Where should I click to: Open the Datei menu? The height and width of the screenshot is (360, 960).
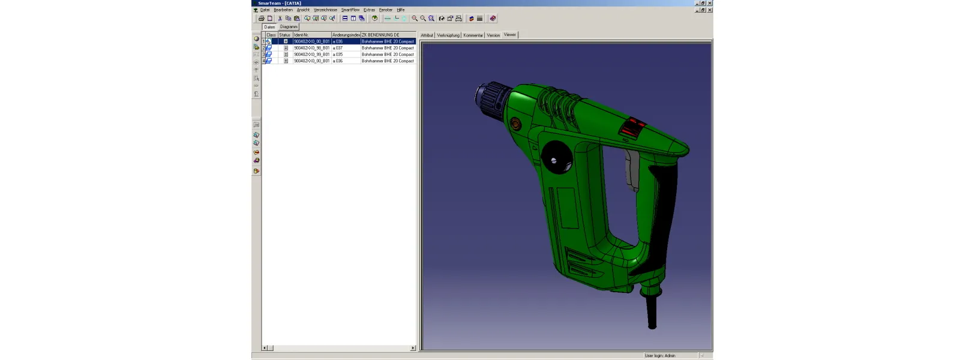[265, 10]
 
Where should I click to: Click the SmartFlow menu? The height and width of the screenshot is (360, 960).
[350, 10]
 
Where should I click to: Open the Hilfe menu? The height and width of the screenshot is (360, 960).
[400, 10]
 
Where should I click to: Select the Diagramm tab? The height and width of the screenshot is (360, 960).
[289, 27]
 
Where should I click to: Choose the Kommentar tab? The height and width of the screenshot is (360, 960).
[473, 35]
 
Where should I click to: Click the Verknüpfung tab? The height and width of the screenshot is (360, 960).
[448, 35]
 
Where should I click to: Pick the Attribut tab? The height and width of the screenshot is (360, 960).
[427, 35]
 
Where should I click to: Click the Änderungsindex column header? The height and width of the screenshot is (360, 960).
[346, 35]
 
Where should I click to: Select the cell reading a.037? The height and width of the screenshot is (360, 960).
[338, 48]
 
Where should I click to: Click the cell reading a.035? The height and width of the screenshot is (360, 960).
[338, 55]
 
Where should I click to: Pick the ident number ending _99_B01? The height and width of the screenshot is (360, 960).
[311, 55]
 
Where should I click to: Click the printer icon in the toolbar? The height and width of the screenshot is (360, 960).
[261, 19]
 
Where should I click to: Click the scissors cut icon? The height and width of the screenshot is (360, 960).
[280, 19]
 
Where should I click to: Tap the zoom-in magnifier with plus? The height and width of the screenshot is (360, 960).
[414, 19]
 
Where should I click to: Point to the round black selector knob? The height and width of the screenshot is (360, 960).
[554, 160]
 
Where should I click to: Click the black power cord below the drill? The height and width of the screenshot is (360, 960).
[652, 312]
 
